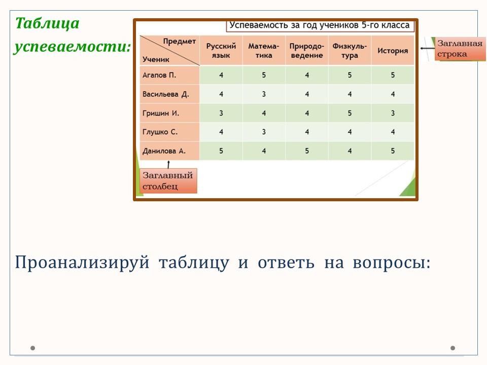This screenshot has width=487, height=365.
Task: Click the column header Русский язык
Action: click(221, 51)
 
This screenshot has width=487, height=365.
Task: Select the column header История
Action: click(393, 51)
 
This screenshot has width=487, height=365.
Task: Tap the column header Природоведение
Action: click(306, 51)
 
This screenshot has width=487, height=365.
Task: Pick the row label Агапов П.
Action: click(159, 75)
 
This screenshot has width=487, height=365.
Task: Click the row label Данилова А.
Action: click(164, 151)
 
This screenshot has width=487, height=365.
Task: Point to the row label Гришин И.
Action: click(161, 113)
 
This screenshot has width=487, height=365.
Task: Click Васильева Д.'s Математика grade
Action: click(264, 94)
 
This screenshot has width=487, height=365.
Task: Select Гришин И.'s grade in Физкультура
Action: click(350, 113)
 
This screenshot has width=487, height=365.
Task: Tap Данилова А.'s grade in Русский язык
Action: click(221, 151)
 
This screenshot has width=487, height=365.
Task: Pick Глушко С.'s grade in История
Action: click(393, 132)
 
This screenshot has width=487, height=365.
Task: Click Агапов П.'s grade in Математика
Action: click(264, 75)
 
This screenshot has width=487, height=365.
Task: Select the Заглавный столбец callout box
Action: click(168, 180)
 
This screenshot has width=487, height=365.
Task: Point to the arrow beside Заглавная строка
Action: click(427, 48)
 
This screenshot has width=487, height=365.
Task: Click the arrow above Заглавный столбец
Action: click(168, 164)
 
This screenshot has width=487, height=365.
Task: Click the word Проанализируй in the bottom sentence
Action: click(82, 263)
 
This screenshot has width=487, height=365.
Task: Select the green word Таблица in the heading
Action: click(47, 23)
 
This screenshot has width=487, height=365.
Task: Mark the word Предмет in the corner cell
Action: click(179, 42)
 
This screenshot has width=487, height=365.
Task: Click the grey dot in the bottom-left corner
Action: click(32, 348)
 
